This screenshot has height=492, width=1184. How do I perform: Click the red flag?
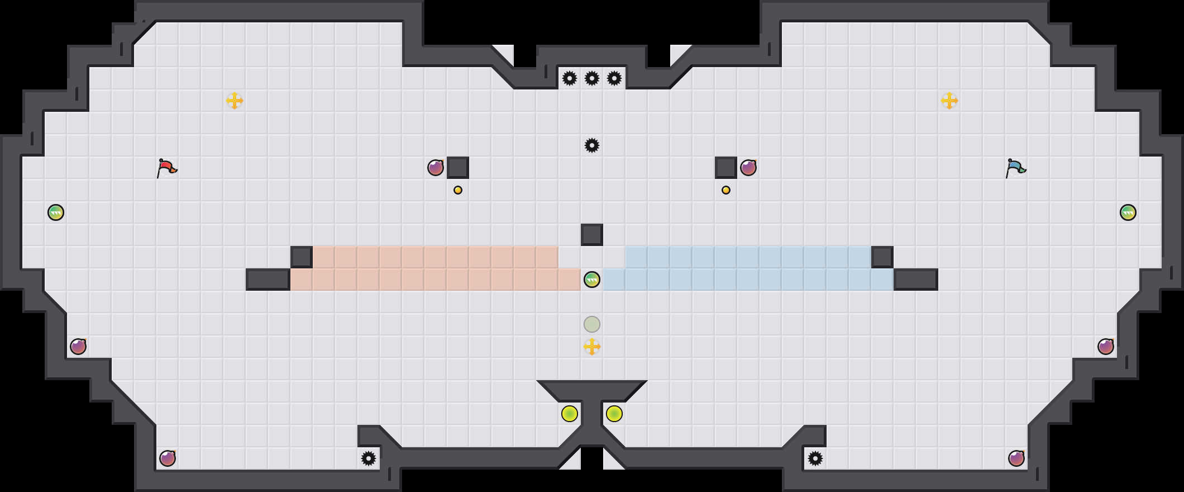[166, 168]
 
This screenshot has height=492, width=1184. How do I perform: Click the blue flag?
[1015, 168]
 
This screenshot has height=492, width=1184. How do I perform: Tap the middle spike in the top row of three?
[592, 78]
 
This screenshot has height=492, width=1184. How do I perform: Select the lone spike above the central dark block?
[592, 145]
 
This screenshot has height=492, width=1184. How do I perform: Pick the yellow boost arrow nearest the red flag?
[235, 101]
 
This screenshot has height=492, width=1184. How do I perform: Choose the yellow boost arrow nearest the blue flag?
[949, 101]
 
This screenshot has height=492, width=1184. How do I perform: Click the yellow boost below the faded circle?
[592, 347]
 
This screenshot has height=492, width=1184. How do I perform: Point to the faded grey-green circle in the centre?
[592, 324]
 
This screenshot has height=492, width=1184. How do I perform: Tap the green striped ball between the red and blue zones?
[592, 280]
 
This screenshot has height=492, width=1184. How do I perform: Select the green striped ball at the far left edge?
[56, 212]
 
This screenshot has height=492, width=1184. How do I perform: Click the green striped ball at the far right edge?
[1128, 212]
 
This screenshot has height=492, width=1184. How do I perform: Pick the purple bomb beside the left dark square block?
[436, 168]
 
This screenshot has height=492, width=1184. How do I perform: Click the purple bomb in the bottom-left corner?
[168, 458]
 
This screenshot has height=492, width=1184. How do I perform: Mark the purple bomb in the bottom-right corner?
[1016, 458]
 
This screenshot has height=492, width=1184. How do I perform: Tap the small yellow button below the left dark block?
[458, 190]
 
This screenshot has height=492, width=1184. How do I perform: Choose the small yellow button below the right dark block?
[726, 190]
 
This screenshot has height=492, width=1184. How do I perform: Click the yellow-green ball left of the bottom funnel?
[570, 414]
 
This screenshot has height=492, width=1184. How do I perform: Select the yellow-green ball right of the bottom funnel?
[614, 414]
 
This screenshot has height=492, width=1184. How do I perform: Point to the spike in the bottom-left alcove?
[369, 458]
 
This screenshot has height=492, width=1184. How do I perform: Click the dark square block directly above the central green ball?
[592, 235]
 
